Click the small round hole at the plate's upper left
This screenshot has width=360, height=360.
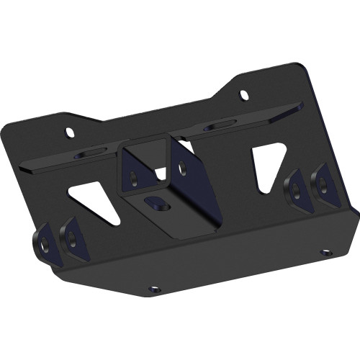coord(71,132)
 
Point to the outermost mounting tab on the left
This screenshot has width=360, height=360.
coord(45,240)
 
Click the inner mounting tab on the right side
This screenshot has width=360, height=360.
coord(295,189)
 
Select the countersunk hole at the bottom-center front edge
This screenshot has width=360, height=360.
coord(154,289)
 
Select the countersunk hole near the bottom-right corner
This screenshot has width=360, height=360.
coord(325,253)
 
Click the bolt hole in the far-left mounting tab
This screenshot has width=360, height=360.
coord(45,245)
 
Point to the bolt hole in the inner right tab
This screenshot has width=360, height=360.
coord(294,191)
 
